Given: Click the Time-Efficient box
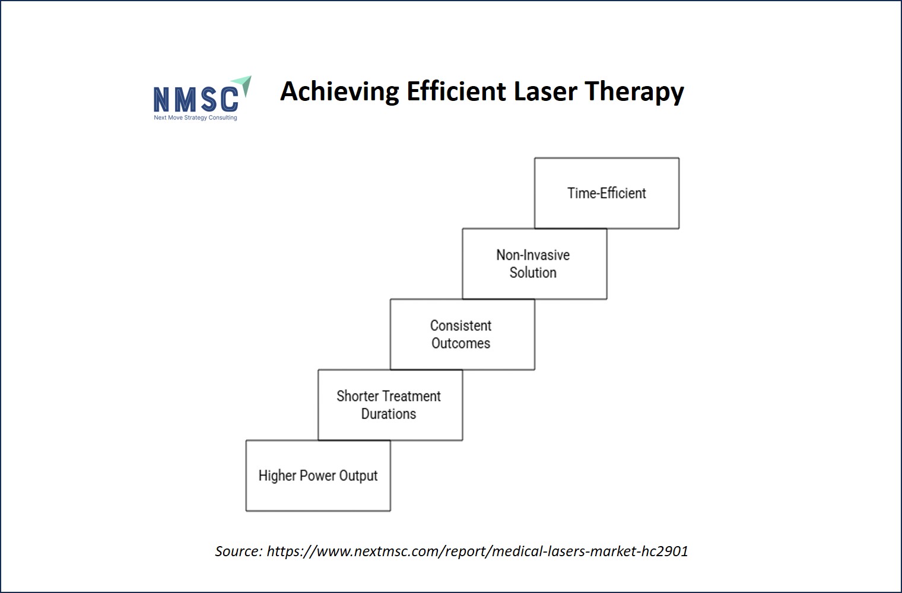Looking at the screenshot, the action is point(606,194).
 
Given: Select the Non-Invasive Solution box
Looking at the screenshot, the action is point(534,264).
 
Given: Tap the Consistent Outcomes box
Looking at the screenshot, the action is point(462,334).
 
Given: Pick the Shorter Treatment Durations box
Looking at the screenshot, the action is point(390,405).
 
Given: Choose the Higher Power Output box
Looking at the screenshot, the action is point(318,476).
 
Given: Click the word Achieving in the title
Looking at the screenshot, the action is point(339,92).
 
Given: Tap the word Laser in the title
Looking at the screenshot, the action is point(545,91).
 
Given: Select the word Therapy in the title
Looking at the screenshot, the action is point(634,93).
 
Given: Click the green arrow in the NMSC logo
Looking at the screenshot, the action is point(244,85).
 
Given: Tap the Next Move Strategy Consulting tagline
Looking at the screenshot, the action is point(195,118).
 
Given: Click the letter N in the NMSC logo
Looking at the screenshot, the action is point(161,100).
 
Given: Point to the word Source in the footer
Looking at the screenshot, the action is point(239,551).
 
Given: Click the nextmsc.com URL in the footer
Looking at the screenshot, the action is point(477,551).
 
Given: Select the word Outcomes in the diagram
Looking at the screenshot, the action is point(460,343).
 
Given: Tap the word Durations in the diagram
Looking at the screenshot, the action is point(389,414).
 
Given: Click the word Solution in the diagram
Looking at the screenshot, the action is point(533,272).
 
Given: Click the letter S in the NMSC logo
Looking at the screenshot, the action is point(209,100).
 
